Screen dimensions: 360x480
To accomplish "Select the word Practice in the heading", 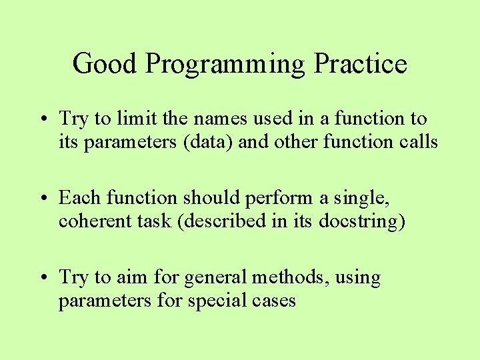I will point(360,64).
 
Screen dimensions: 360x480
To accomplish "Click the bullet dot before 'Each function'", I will point(50,198).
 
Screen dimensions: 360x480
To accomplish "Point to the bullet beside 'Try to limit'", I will point(50,119).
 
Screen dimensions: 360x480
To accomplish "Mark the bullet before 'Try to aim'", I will point(50,277).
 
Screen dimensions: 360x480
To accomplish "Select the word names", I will point(213,119).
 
